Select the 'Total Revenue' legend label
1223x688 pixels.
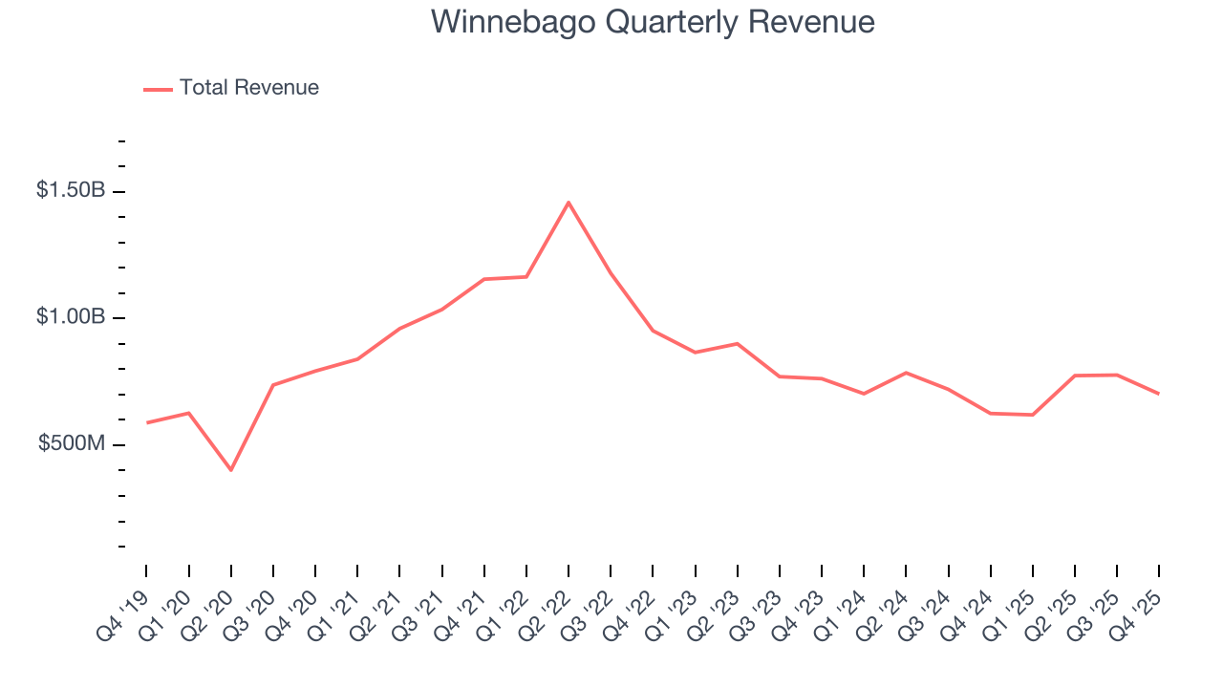[248, 88]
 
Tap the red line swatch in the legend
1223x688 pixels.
[158, 89]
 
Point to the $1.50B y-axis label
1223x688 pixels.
[71, 190]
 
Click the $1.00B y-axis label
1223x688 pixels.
[71, 317]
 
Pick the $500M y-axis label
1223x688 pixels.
[72, 444]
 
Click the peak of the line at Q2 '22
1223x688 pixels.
[569, 203]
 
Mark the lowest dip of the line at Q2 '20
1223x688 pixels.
[230, 470]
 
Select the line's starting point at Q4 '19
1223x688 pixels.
[146, 422]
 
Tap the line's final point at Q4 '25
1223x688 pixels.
[1159, 394]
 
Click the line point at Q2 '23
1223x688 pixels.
[738, 343]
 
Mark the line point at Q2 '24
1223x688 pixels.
[906, 373]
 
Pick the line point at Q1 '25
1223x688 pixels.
[1033, 415]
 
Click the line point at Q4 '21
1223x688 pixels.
[484, 279]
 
